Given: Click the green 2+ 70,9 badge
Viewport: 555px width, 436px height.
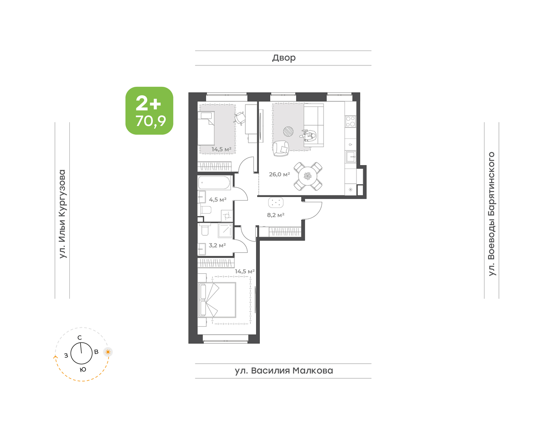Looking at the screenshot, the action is click(149, 111).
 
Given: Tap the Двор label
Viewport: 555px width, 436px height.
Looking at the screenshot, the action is click(284, 58).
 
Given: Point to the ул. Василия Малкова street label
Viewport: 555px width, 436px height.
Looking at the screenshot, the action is click(284, 371).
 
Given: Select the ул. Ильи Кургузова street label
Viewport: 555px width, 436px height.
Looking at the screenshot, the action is click(63, 214).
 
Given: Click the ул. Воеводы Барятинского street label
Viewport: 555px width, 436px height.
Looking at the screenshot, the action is click(492, 214).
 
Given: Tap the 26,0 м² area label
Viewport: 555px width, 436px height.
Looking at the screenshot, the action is click(280, 174).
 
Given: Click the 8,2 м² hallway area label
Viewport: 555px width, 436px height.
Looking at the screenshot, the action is click(276, 215).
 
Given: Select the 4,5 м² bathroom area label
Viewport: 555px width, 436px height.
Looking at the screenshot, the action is click(218, 199).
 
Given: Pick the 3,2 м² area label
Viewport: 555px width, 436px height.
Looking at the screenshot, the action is click(217, 245).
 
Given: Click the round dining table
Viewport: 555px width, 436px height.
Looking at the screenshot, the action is click(308, 176).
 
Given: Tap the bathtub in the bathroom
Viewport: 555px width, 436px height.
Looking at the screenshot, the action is click(214, 182).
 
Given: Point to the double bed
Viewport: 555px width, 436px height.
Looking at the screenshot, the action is click(217, 300).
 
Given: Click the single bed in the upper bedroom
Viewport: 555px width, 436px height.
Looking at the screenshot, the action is click(206, 128).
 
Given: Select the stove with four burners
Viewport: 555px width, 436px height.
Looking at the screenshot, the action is click(351, 121).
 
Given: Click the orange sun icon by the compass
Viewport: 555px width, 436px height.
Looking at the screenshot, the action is click(108, 352).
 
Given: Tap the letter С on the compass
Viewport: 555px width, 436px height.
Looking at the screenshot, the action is click(80, 337).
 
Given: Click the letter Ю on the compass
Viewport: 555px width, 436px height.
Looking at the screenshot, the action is click(83, 369).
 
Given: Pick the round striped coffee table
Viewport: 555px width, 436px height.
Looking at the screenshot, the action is click(288, 132).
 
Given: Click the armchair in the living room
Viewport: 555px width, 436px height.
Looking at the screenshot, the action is click(281, 149).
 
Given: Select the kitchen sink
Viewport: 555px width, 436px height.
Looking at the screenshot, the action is click(351, 157).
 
